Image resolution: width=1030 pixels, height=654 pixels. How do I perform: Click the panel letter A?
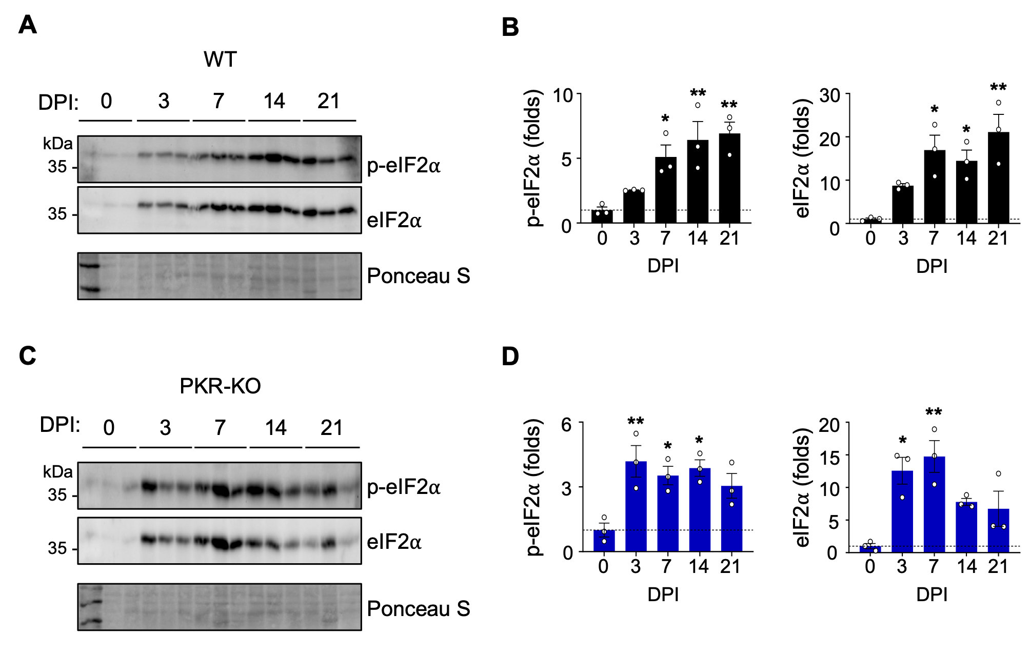28,25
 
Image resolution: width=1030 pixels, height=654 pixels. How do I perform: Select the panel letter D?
510,356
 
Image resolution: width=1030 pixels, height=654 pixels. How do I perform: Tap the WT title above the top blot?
220,60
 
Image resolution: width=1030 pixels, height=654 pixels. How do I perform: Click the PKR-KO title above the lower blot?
220,386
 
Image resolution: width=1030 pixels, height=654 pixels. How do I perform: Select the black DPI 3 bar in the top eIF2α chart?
902,205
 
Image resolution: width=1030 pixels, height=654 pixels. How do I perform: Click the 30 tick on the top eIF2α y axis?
829,95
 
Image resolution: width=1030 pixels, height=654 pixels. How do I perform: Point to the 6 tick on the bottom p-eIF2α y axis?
567,424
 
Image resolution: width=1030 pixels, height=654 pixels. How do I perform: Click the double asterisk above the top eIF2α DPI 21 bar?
998,88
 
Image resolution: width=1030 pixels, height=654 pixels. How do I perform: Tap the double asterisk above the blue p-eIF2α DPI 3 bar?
636,422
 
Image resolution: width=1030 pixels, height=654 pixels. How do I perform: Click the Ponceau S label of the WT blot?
418,276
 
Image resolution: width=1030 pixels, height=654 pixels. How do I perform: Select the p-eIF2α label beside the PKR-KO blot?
404,487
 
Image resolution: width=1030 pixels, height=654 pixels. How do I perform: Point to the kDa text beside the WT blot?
57,143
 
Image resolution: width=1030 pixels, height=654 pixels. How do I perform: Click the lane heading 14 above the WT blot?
274,101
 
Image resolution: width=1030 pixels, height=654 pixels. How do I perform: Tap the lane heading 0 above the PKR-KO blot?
109,428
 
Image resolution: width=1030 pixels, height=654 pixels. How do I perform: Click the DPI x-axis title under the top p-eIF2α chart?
663,266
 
